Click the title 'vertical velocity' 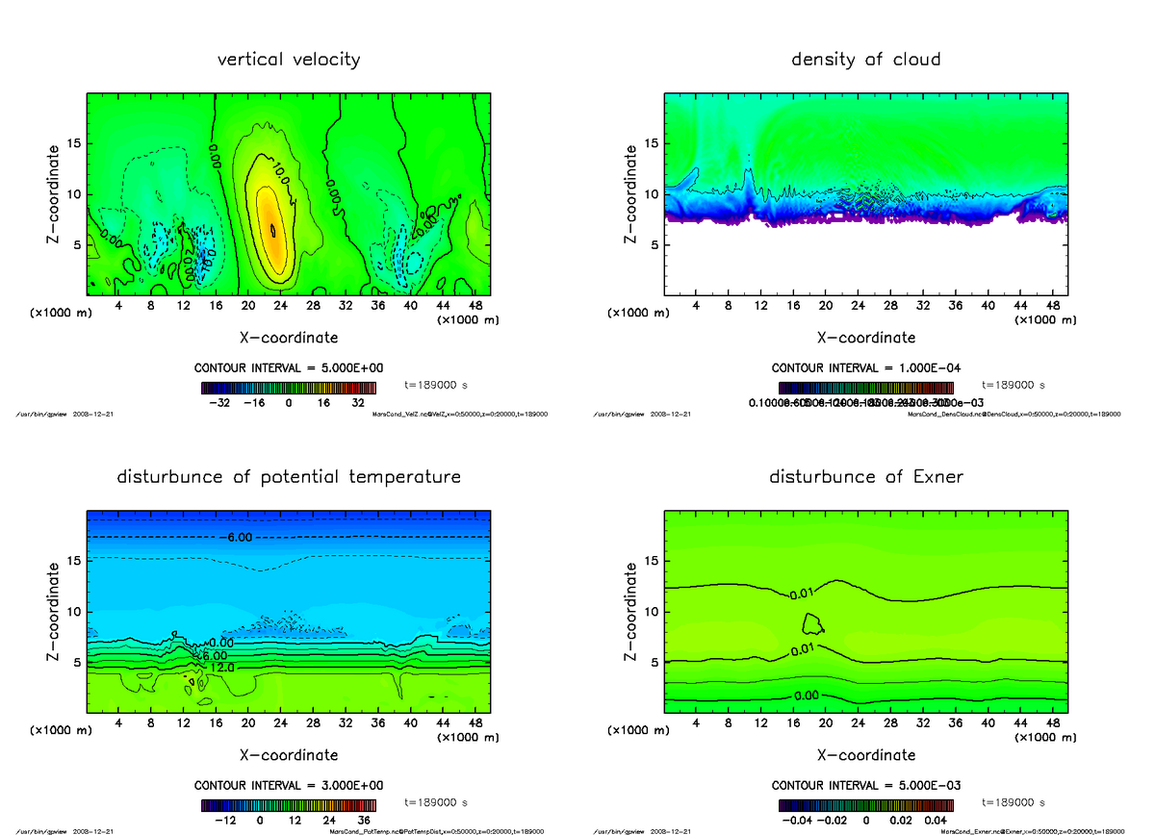coord(289,60)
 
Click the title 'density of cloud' coord(865,60)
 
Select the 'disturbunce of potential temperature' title coord(289,477)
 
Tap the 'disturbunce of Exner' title coord(865,477)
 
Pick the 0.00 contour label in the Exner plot coord(808,696)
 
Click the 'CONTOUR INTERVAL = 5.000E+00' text coord(288,368)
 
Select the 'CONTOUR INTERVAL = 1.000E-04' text coord(865,368)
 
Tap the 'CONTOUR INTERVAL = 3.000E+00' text coord(288,786)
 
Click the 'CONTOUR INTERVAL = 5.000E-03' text coord(865,786)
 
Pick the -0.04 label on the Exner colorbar coord(797,821)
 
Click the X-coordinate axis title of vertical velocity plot coord(289,338)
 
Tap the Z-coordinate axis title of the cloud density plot coord(631,193)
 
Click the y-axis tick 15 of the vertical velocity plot coord(72,144)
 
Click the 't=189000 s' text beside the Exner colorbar coord(1013,801)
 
